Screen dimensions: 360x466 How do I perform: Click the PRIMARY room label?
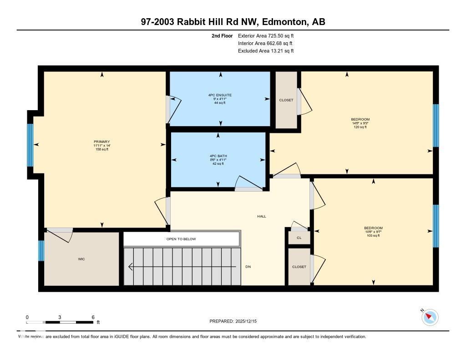click(102, 142)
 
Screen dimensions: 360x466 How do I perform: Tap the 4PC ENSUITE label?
click(220, 95)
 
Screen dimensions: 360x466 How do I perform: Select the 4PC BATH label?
click(218, 156)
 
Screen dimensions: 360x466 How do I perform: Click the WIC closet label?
click(81, 259)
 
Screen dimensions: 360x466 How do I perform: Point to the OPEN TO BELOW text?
click(181, 239)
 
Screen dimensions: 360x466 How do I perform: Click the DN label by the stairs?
click(248, 267)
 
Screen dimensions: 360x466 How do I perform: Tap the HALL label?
click(262, 216)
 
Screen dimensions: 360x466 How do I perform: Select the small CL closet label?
click(299, 238)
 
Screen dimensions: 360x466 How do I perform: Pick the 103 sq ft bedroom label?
click(373, 232)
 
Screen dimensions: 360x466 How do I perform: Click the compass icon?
click(430, 317)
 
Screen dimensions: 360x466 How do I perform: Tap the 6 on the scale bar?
click(93, 317)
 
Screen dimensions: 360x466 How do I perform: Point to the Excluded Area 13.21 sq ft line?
click(266, 51)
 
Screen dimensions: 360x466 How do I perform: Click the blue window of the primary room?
click(30, 145)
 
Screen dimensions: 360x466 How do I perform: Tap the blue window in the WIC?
click(41, 250)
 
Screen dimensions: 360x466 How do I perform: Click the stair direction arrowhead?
click(131, 267)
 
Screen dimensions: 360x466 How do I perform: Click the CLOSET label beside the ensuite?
click(286, 100)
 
